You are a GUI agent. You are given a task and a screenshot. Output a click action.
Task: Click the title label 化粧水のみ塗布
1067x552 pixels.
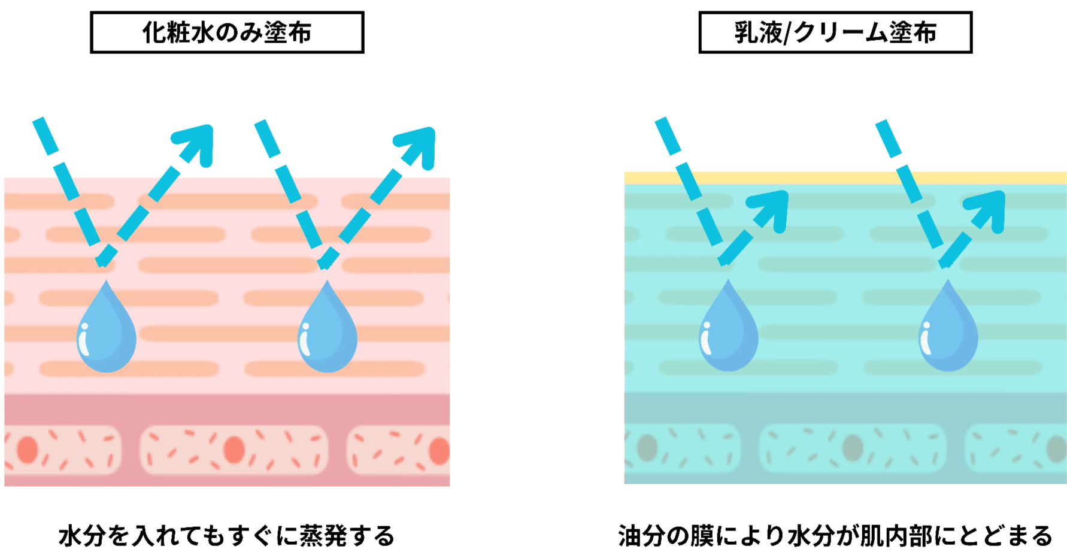coord(226,32)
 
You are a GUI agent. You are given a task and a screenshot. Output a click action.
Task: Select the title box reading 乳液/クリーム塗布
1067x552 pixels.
coord(835,32)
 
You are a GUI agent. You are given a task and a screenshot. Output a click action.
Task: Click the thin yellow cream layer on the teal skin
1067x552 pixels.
coord(844,177)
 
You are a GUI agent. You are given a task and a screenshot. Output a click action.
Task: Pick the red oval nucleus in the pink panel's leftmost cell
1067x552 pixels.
coord(28,450)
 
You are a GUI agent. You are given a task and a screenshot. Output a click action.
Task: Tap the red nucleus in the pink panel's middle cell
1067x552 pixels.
coord(234,450)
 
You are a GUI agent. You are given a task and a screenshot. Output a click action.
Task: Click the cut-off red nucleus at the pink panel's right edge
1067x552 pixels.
coord(441,451)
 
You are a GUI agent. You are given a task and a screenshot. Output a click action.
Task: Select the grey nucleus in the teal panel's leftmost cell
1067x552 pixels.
coord(647,447)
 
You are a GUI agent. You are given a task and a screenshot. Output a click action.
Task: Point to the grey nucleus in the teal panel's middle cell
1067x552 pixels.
coord(853,447)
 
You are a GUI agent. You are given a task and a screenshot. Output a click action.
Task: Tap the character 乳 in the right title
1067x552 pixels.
coord(746,32)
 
